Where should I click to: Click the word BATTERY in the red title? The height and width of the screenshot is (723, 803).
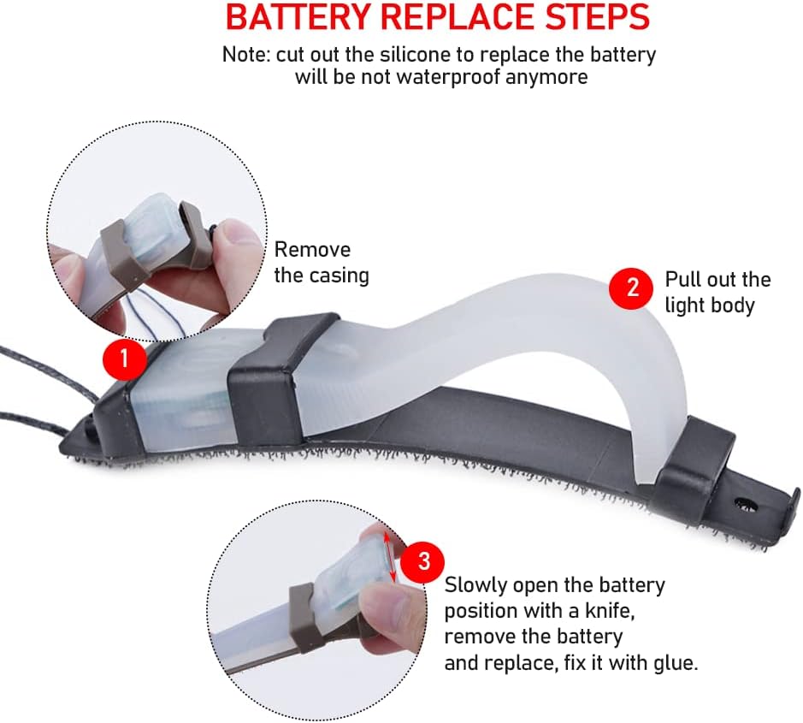[298, 17]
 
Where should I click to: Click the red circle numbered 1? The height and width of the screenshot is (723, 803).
[125, 359]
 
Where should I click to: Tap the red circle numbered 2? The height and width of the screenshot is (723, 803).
[631, 287]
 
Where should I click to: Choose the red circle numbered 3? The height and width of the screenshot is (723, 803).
[423, 560]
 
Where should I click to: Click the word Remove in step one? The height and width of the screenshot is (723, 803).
[312, 250]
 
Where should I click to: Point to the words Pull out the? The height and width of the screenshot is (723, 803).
[717, 279]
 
